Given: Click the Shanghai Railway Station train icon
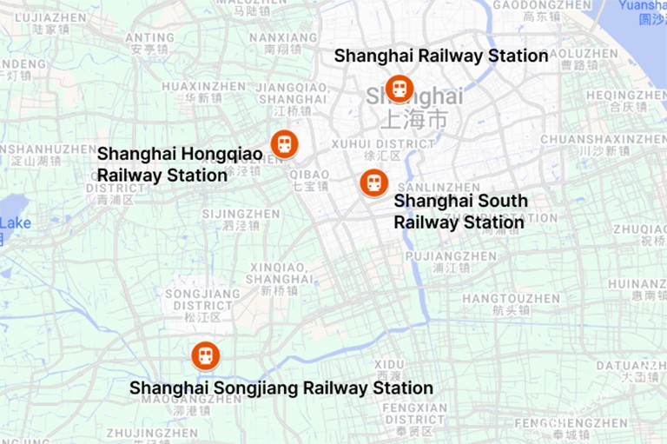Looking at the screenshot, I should tap(399, 88).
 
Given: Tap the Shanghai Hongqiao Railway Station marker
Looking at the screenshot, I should tap(284, 143).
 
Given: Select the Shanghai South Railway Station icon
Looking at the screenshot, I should tap(373, 182).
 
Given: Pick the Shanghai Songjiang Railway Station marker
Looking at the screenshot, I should tap(206, 355).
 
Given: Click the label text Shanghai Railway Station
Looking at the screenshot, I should tap(440, 56).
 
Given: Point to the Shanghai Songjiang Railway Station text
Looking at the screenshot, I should tap(281, 388).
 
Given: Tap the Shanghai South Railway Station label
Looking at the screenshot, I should tap(459, 212).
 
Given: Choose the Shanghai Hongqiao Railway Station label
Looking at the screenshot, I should tap(179, 164).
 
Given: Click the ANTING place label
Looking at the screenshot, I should tap(149, 38).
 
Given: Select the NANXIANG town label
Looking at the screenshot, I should tap(283, 38).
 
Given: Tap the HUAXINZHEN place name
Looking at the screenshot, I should tap(203, 87).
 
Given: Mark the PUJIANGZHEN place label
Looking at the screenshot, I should tap(451, 256).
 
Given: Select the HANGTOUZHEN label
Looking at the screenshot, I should tap(511, 299).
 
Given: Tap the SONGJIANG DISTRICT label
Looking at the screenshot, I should tap(201, 300).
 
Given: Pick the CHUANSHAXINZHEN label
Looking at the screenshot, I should tap(603, 139).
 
